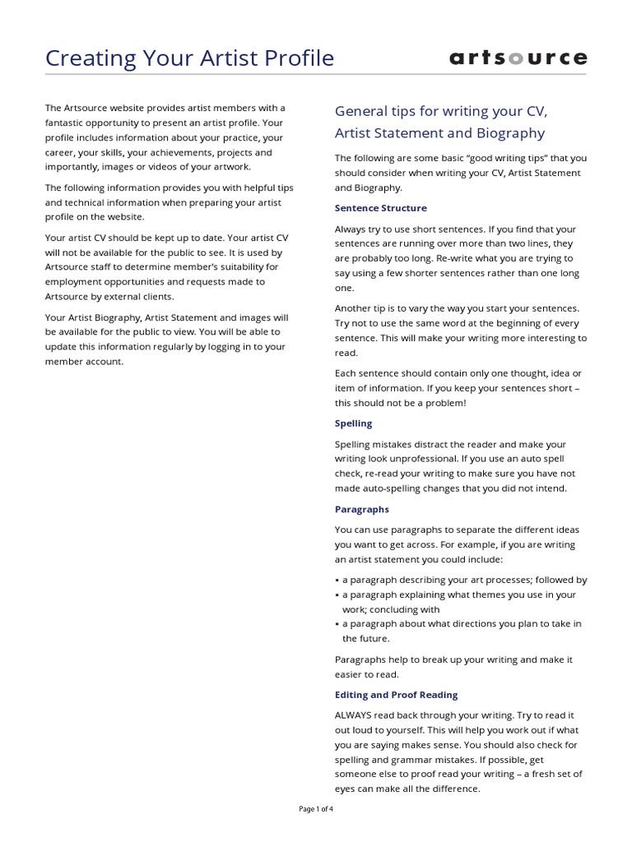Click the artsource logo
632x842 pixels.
pyautogui.click(x=518, y=58)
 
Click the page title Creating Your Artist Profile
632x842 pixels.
pyautogui.click(x=190, y=58)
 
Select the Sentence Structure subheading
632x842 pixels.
pyautogui.click(x=380, y=208)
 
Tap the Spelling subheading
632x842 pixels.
pyautogui.click(x=353, y=423)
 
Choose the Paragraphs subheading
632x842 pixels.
pyautogui.click(x=361, y=509)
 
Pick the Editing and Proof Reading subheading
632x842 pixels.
pyautogui.click(x=396, y=695)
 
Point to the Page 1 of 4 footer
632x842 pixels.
pyautogui.click(x=316, y=809)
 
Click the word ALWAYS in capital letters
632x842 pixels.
pyautogui.click(x=354, y=715)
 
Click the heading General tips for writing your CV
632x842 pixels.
pyautogui.click(x=440, y=111)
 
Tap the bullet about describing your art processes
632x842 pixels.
pyautogui.click(x=464, y=580)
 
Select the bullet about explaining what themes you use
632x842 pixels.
pyautogui.click(x=459, y=594)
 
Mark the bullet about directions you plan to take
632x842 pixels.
pyautogui.click(x=462, y=624)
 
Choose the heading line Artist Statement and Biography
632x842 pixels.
pyautogui.click(x=439, y=133)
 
